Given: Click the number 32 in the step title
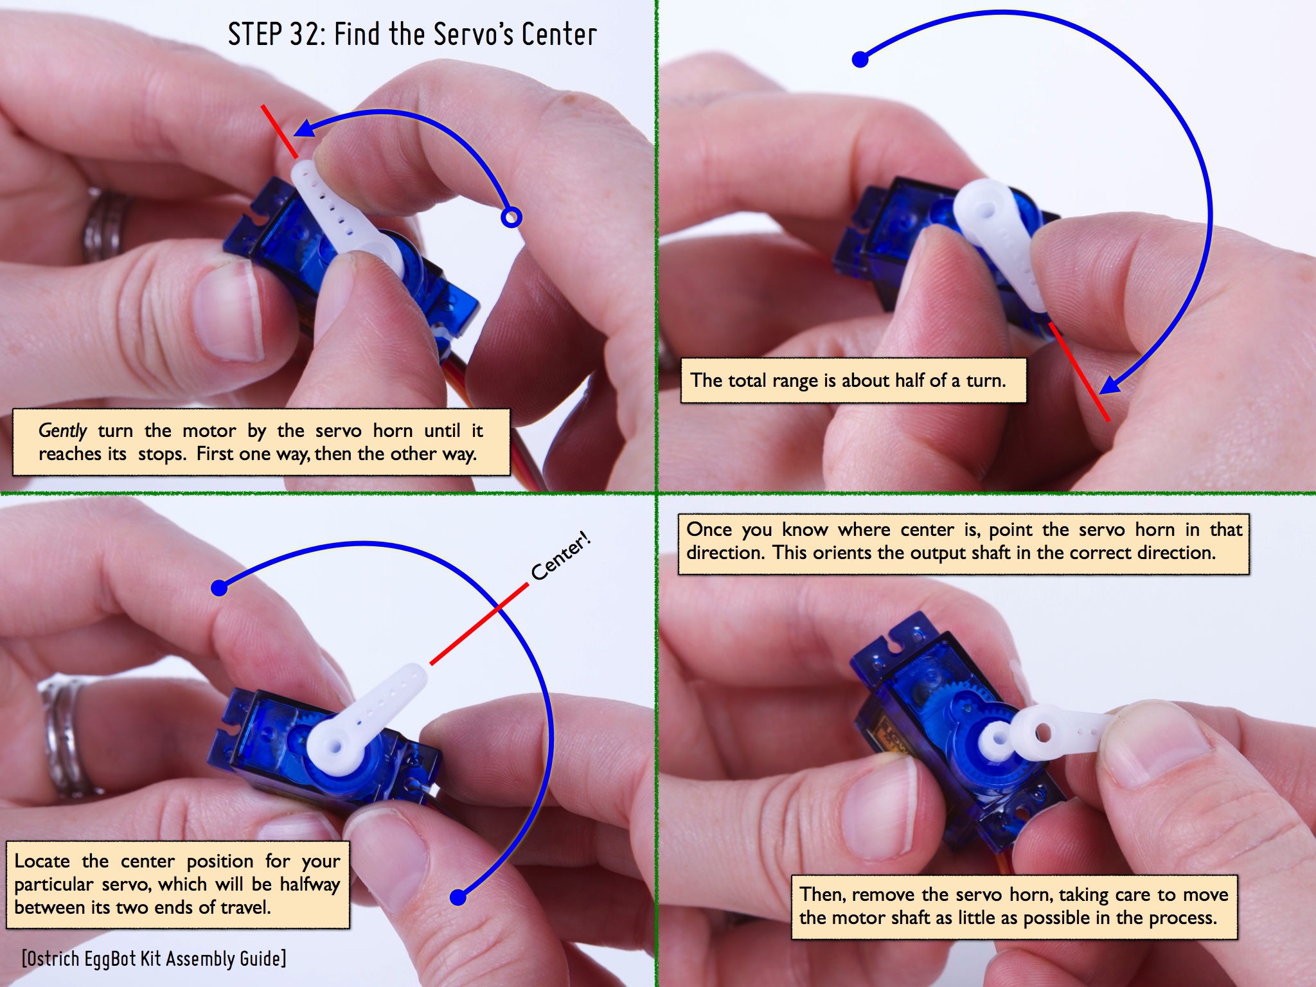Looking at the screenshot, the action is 306,35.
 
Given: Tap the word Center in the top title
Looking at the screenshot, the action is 559,35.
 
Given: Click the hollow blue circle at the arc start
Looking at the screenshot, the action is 511,218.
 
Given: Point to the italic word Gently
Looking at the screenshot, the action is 62,431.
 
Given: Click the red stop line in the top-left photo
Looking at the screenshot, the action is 280,132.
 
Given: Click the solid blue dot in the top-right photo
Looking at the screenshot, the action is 860,60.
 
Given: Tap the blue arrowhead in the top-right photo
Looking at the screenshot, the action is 1111,384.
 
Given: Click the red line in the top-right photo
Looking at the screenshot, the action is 1080,372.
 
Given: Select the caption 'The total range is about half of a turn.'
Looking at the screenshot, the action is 848,380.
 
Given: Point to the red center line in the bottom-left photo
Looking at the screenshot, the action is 479,624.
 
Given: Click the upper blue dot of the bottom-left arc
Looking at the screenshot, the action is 220,587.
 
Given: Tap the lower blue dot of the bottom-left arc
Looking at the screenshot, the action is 458,897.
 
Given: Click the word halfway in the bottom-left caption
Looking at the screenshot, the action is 310,885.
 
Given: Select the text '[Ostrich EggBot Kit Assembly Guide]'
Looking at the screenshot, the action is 154,959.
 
